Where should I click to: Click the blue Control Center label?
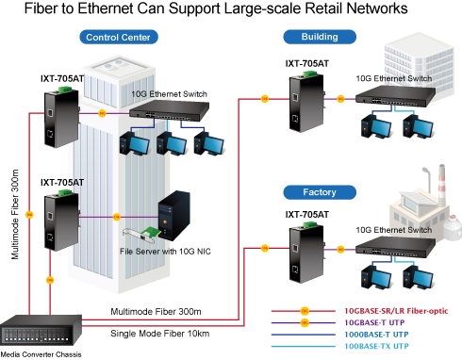pyautogui.click(x=119, y=37)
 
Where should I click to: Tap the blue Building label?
pyautogui.click(x=320, y=37)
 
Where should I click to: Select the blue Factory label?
pyautogui.click(x=320, y=192)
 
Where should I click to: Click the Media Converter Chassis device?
pyautogui.click(x=41, y=330)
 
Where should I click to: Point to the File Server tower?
pyautogui.click(x=174, y=216)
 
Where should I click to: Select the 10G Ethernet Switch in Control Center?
pyautogui.click(x=169, y=111)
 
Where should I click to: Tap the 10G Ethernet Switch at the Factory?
pyautogui.click(x=395, y=246)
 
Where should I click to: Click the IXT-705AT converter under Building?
pyautogui.click(x=306, y=102)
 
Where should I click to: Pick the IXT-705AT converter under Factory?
pyautogui.click(x=306, y=254)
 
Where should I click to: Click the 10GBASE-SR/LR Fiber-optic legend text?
pyautogui.click(x=396, y=311)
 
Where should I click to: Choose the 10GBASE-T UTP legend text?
pyautogui.click(x=374, y=322)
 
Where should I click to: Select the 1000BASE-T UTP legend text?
pyautogui.click(x=376, y=335)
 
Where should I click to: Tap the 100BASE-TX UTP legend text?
pyautogui.click(x=376, y=346)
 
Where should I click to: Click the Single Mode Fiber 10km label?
pyautogui.click(x=160, y=334)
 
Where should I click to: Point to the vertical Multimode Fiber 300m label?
pyautogui.click(x=15, y=215)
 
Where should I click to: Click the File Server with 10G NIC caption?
pyautogui.click(x=165, y=252)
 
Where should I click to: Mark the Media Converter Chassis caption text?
pyautogui.click(x=41, y=354)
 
